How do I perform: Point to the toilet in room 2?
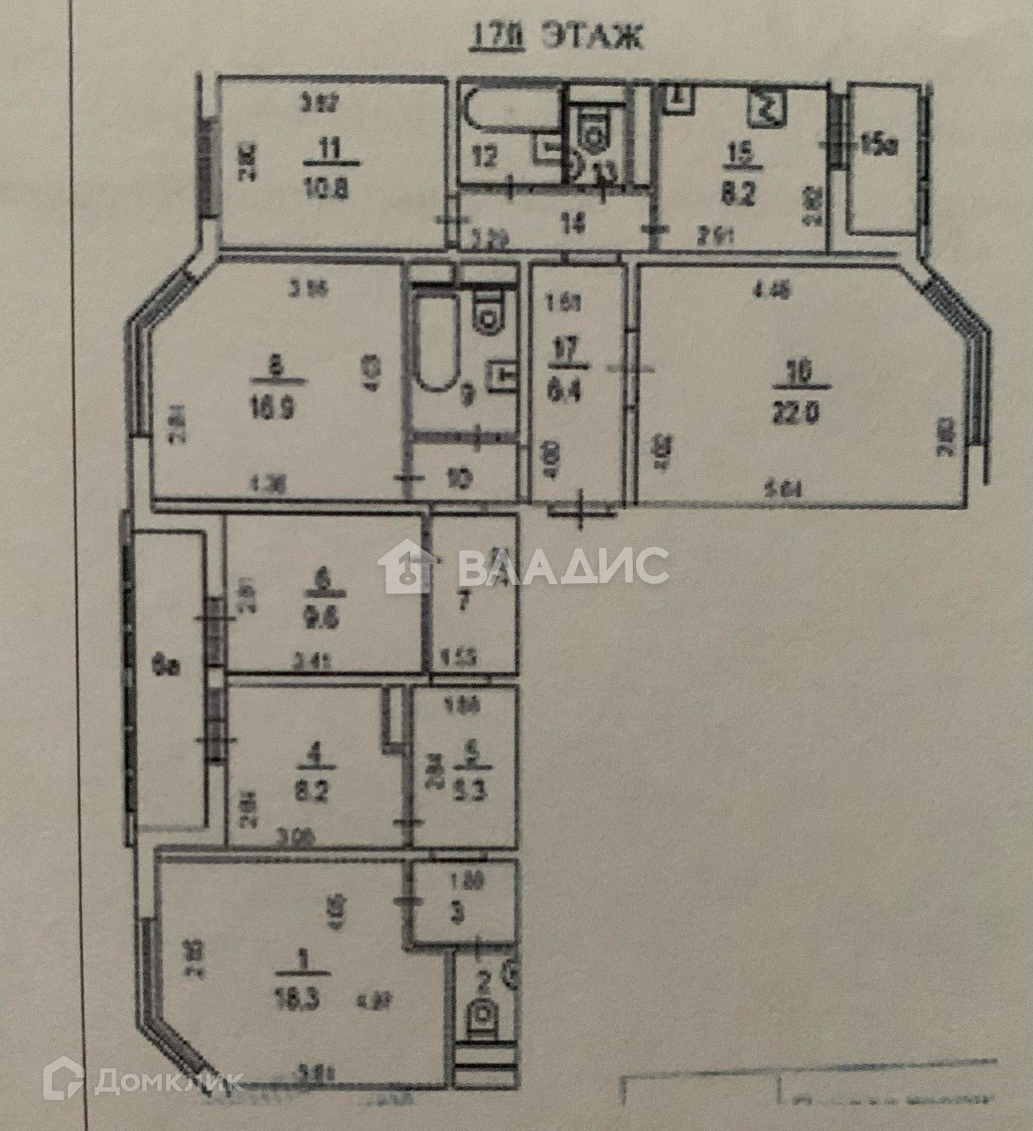click(x=483, y=1018)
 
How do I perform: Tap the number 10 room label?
click(x=460, y=479)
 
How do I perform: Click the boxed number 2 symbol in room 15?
click(x=765, y=110)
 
